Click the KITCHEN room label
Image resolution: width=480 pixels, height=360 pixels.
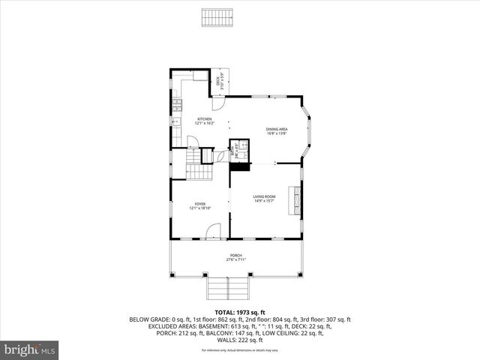(x=205, y=119)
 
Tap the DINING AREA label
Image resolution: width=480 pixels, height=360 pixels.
(x=277, y=130)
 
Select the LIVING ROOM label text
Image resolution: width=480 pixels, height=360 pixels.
(x=264, y=196)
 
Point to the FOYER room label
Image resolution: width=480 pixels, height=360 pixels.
(x=200, y=204)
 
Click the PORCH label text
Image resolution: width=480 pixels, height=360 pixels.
(x=236, y=256)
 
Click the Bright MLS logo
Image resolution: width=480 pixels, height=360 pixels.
(x=29, y=349)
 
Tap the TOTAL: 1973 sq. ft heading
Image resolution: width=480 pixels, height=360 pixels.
(x=240, y=311)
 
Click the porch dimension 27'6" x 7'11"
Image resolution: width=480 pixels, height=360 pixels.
(x=236, y=260)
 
